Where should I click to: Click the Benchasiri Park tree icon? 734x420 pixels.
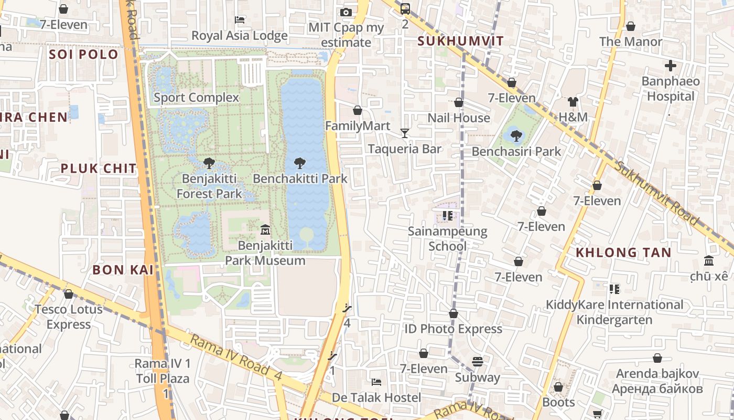coord(516,136)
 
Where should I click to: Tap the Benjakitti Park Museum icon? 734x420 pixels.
coord(265,230)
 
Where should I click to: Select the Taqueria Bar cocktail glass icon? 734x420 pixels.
coord(404,133)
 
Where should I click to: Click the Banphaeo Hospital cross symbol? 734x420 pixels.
coord(670,66)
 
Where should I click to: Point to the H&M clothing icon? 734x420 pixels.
coord(573,102)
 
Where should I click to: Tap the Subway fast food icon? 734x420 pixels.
coord(477,362)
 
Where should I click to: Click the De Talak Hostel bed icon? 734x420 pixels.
coord(376,382)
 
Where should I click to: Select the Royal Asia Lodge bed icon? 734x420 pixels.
coord(240,20)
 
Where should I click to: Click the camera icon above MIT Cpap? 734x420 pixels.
coord(346,12)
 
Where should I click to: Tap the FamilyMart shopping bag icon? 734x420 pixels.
coord(358,110)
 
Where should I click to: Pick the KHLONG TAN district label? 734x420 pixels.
coord(623,253)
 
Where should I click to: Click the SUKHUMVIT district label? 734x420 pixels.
coord(460,41)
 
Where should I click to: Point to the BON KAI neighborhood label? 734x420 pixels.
coord(123,270)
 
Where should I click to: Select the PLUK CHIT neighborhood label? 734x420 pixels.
coord(99,169)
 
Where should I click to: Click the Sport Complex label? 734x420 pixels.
coord(196,98)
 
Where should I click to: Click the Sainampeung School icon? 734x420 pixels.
coord(447,215)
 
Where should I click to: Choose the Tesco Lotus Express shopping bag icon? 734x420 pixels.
coord(68,294)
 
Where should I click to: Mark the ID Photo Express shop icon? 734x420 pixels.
coord(454,313)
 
